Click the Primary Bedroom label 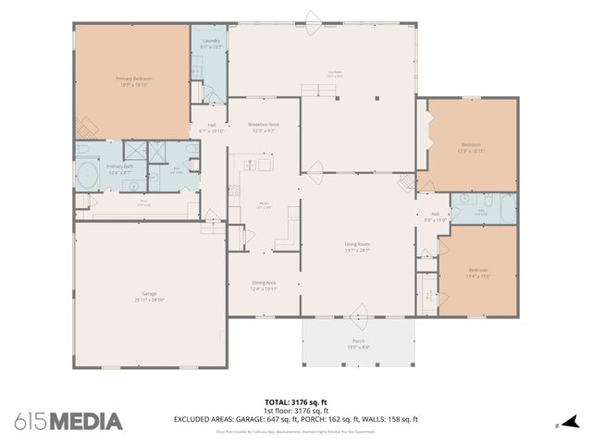pos(133,81)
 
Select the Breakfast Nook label pos(264,128)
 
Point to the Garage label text pos(149,296)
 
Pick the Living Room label pos(356,247)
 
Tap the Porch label pos(358,344)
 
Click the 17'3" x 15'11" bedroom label pos(472,148)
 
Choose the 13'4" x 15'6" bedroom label pos(477,271)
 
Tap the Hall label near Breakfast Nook pos(212,128)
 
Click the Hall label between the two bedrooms pos(435,216)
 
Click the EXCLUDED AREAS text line pos(295,419)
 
